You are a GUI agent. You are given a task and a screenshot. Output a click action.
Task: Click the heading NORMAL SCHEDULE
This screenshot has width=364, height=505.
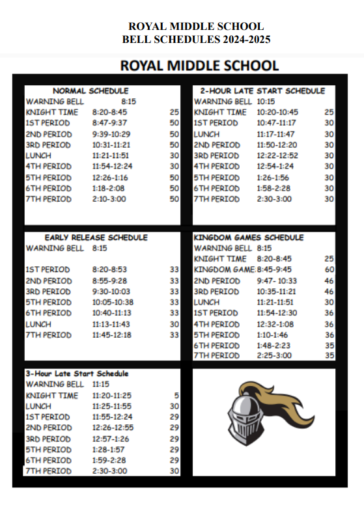pos(91,90)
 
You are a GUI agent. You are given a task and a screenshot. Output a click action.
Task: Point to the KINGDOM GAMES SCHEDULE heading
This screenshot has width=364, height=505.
pos(249,238)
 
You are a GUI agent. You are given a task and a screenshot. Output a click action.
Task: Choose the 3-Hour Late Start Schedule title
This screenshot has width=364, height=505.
pos(77,374)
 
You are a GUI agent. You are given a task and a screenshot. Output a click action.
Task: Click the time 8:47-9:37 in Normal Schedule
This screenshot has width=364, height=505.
pos(110,123)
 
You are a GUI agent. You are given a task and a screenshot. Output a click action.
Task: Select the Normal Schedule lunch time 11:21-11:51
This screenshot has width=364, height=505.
pos(111,156)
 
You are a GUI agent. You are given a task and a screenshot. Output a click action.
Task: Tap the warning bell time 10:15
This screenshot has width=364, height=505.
pos(266,102)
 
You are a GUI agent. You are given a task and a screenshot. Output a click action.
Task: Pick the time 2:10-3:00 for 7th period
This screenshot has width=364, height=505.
pos(109,199)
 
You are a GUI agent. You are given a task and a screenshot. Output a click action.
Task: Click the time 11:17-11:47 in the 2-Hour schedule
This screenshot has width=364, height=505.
pos(276,134)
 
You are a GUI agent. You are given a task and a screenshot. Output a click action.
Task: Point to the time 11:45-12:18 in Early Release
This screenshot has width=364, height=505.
pos(111,335)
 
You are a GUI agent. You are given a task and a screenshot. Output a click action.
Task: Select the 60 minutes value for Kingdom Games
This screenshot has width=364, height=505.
pos(329,269)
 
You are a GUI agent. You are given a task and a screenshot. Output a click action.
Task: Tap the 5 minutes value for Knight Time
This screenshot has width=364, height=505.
pos(176,395)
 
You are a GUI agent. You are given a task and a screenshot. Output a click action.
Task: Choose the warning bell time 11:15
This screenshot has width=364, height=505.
pos(101,384)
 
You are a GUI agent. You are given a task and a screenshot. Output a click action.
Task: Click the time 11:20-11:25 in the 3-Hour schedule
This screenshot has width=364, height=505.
pos(112,395)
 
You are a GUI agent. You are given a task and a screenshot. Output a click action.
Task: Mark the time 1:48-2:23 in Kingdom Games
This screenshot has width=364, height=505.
pos(274,346)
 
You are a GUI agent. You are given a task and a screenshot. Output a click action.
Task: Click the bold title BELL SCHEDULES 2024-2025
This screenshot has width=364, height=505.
pos(196,39)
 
